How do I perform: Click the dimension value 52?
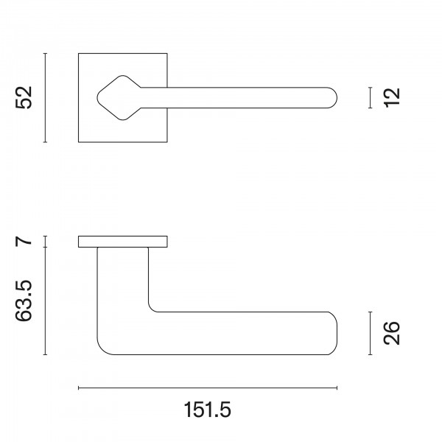(x=24, y=97)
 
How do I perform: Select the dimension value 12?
(x=392, y=97)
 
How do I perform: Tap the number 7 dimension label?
(x=24, y=242)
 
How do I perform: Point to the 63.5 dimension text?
(x=24, y=301)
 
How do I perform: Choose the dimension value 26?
(x=392, y=333)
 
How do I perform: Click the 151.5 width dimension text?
(x=208, y=410)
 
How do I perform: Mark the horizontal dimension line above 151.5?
(x=208, y=388)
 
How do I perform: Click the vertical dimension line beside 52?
(x=45, y=97)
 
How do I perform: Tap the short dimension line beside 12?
(x=370, y=97)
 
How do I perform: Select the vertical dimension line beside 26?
(x=370, y=333)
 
